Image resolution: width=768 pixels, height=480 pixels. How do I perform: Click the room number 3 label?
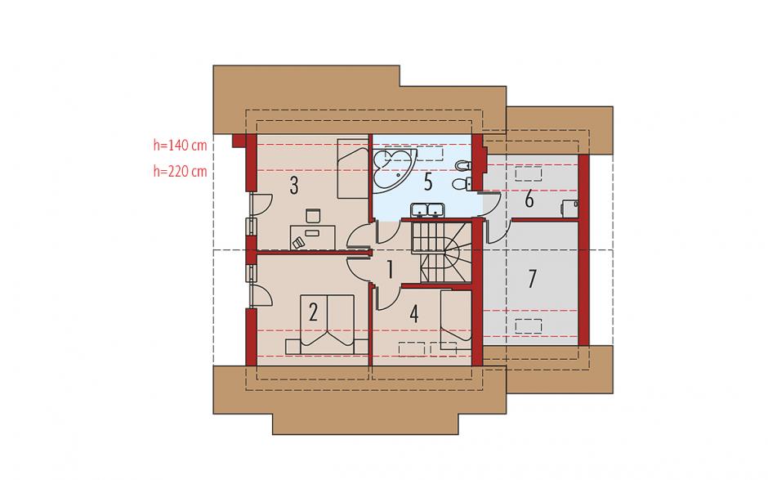294,186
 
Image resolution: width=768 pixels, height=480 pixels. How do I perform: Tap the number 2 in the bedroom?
314,312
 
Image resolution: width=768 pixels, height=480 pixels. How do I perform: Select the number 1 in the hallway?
390,270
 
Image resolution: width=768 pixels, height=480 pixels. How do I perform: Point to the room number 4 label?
414,314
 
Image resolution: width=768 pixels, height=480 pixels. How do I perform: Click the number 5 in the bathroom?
428,182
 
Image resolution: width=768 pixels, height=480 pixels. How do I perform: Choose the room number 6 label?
529,200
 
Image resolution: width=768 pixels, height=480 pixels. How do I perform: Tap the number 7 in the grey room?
532,279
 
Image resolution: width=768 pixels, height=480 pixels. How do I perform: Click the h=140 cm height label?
181,145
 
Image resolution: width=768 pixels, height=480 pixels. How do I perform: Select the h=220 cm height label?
181,171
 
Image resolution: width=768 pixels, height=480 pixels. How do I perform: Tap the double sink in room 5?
427,210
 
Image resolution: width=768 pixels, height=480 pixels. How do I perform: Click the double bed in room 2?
327,324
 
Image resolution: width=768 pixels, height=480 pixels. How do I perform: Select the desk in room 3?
313,237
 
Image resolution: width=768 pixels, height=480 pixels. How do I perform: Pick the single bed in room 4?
456,321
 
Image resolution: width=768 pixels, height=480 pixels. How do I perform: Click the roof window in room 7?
529,326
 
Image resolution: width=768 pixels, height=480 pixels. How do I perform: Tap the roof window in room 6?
528,174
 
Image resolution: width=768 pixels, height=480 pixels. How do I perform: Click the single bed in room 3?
353,168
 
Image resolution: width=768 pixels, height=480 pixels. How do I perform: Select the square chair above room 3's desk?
313,215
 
